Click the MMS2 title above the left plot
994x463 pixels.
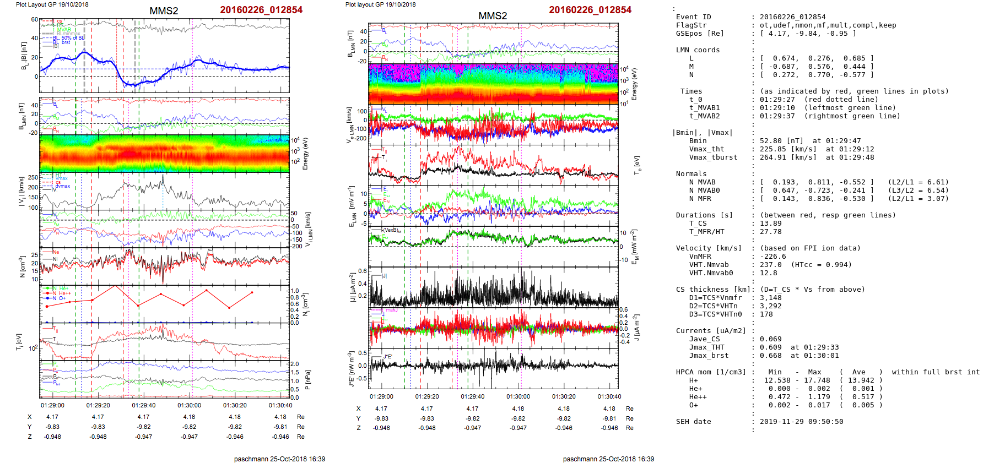tap(164, 11)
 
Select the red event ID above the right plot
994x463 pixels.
tap(590, 10)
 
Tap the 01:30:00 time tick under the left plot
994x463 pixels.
tap(189, 405)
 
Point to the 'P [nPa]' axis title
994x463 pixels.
tap(307, 380)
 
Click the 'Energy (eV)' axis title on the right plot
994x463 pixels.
tap(634, 84)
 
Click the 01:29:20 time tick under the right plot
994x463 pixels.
tap(427, 396)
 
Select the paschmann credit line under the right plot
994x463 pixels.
tap(608, 459)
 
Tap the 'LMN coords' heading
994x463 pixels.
tap(698, 50)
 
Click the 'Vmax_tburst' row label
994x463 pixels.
tap(713, 157)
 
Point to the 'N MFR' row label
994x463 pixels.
tap(700, 199)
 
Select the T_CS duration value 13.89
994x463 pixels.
tap(770, 224)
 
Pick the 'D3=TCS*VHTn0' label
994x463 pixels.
tap(715, 314)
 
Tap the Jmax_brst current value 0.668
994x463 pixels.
tap(770, 356)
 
